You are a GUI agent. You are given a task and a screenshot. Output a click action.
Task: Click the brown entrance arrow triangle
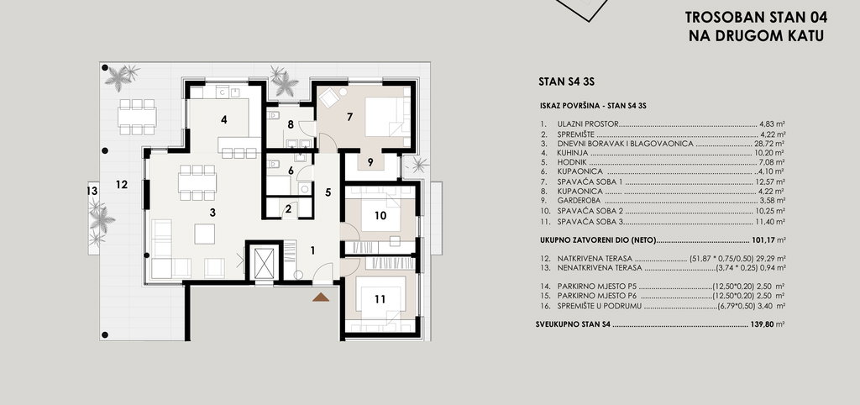321,297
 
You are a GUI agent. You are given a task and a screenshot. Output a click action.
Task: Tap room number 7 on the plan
349,116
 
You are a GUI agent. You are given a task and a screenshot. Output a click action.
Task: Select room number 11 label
380,299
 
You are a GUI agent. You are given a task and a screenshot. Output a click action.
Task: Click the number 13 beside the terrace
92,191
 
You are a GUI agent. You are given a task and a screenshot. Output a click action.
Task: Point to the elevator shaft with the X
264,263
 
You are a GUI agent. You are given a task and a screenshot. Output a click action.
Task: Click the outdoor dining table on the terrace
137,117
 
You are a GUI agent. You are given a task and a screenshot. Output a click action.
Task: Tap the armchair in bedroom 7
329,98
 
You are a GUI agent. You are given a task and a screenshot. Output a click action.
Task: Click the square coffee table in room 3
205,234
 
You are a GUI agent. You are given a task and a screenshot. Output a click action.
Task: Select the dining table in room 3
197,182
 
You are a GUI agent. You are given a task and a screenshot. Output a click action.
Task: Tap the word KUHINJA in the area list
571,153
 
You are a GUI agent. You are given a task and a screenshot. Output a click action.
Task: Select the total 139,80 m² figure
767,324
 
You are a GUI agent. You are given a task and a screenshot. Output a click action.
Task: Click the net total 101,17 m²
767,239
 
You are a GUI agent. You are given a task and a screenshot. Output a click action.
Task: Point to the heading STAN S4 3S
567,82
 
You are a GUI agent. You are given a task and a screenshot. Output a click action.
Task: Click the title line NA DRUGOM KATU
757,36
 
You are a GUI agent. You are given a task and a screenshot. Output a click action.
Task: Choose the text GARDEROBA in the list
579,201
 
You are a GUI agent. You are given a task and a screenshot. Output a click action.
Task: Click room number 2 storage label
289,209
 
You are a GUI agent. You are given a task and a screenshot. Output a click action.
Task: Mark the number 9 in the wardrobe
370,162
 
